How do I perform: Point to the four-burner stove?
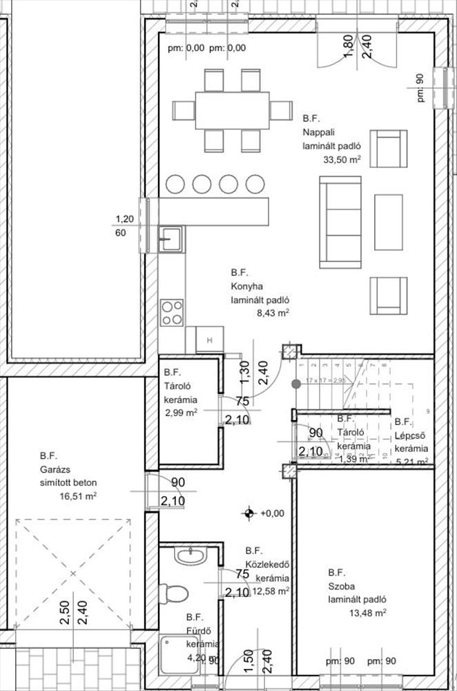(172, 312)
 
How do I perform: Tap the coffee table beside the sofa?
(388, 222)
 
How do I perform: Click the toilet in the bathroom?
(174, 594)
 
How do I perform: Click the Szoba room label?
(341, 586)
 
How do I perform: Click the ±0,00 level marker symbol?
(248, 513)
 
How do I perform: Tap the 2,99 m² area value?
(182, 413)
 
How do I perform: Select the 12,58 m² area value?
(271, 591)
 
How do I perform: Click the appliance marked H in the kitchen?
(209, 339)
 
